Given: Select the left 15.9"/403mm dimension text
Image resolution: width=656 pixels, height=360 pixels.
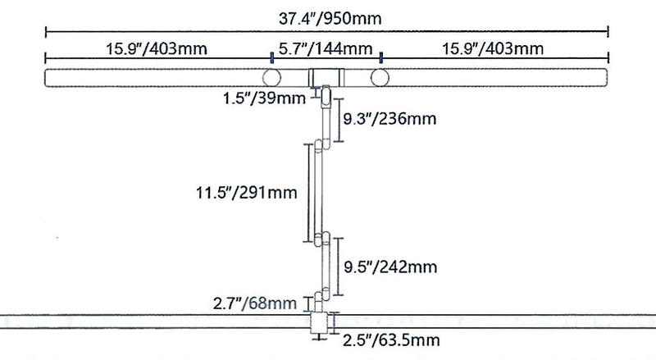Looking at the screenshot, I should [156, 48].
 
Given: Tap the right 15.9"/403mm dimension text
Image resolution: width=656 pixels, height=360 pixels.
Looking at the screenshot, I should [497, 48].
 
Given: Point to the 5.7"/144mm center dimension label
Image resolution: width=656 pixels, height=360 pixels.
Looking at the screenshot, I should [326, 48].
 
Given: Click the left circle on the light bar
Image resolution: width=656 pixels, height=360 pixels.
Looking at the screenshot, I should [271, 78].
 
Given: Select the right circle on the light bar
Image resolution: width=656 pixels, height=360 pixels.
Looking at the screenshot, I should [380, 78].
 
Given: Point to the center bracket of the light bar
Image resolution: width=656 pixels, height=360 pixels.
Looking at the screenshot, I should [326, 78].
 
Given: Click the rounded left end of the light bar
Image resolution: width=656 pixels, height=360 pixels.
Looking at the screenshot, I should [51, 78].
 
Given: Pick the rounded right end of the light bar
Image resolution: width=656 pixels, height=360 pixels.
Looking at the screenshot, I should [603, 78].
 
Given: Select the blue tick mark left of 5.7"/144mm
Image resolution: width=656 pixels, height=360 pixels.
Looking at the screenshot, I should [271, 57].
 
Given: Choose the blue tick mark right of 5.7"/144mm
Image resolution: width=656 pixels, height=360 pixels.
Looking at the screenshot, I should [380, 57].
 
